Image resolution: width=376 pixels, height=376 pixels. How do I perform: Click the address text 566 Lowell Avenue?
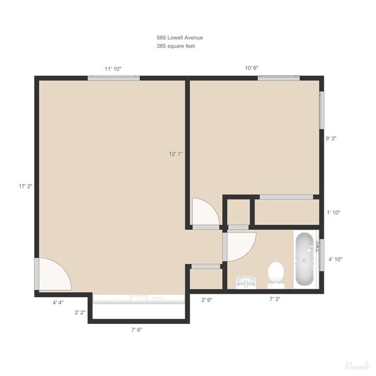180,38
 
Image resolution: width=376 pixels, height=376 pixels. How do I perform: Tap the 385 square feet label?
176,46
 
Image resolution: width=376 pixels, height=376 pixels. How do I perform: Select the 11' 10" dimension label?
113,69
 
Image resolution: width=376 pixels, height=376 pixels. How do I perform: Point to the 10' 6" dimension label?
252,68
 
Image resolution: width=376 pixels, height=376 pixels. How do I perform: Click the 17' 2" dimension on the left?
25,186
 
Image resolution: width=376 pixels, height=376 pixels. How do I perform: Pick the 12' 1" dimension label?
175,154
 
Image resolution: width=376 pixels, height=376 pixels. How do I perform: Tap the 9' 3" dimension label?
331,138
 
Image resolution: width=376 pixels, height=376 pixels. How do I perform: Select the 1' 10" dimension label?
334,212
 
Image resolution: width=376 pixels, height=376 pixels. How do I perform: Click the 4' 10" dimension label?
336,259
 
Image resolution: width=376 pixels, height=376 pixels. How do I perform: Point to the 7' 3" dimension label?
275,299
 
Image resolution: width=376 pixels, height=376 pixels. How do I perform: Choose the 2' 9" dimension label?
207,300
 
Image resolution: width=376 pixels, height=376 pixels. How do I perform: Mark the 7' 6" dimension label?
137,330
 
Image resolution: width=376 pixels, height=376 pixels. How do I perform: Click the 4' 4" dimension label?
58,303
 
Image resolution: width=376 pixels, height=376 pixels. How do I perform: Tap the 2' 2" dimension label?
80,313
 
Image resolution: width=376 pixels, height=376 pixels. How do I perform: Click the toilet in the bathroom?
276,275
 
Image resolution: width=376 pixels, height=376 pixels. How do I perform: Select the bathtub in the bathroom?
304,259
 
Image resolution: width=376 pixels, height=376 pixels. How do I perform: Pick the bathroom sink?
246,282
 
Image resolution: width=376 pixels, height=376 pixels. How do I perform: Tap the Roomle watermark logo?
357,366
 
